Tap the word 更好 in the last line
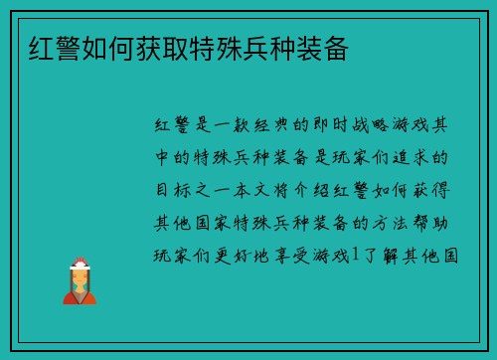[234, 256]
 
